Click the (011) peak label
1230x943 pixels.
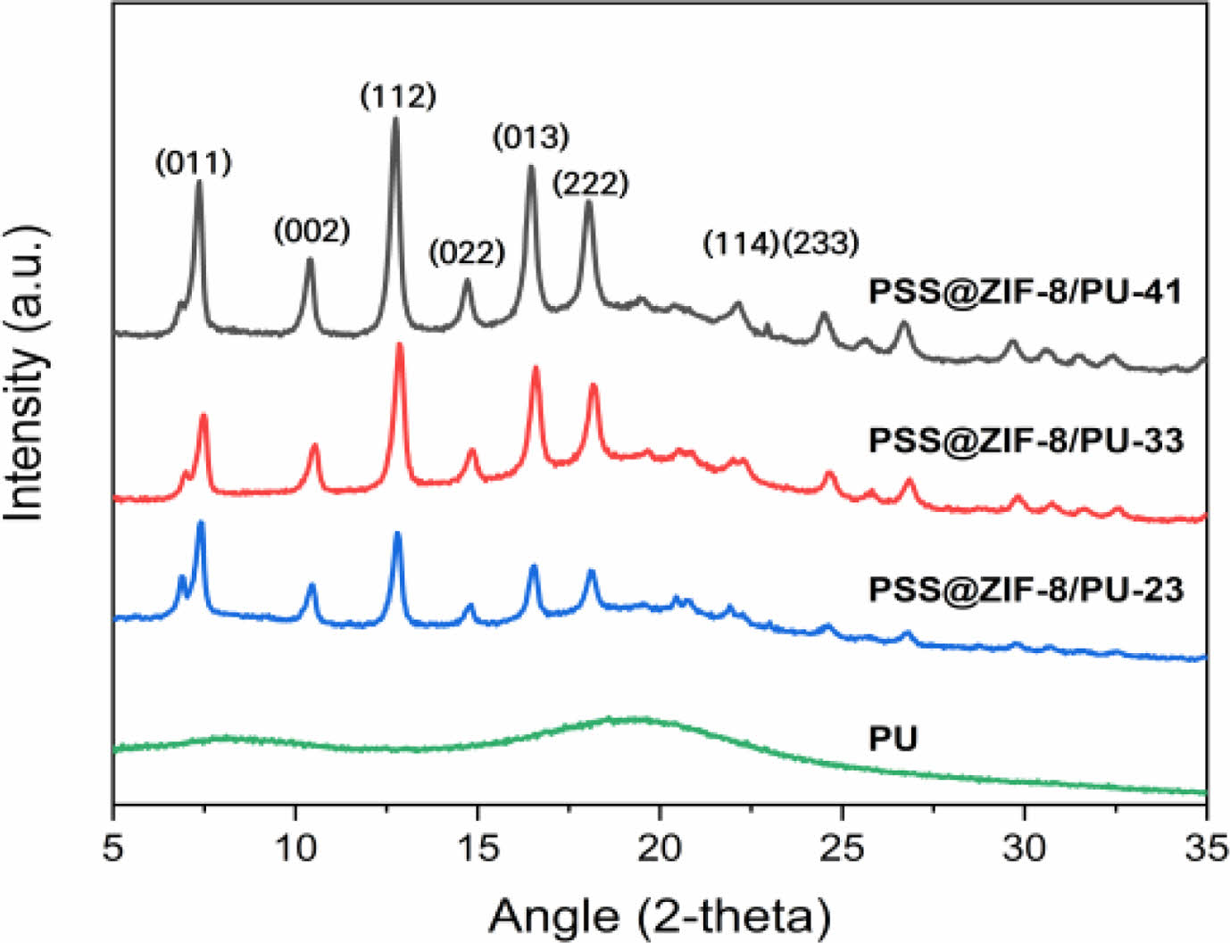194,162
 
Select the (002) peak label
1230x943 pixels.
312,231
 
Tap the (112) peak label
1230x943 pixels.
398,95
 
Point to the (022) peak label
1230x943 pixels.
467,252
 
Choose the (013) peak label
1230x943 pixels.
531,137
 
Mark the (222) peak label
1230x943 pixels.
590,184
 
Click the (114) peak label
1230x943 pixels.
741,243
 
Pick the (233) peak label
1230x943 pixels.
821,243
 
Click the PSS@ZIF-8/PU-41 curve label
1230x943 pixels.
1026,292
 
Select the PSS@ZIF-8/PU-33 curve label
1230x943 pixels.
1026,440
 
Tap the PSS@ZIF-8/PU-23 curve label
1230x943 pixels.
1026,589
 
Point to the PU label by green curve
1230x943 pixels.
893,739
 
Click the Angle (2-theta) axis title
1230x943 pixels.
660,915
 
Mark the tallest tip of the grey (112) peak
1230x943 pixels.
395,120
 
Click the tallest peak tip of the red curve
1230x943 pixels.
399,344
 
